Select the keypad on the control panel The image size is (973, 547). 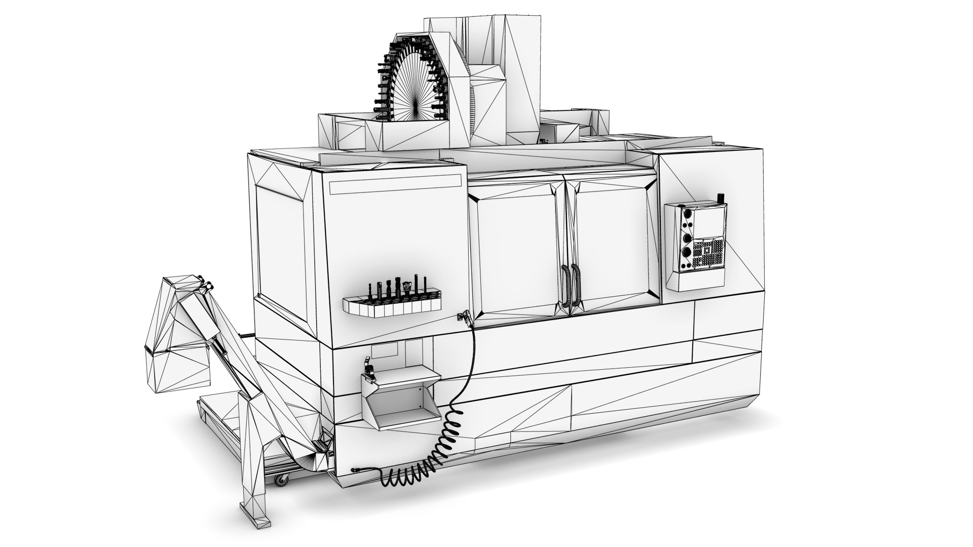point(708,253)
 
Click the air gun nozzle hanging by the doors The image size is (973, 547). point(463,317)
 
